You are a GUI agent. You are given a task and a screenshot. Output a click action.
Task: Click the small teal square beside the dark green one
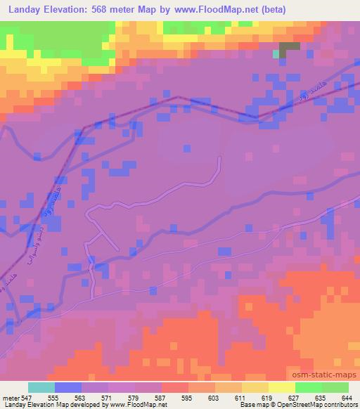[276, 53]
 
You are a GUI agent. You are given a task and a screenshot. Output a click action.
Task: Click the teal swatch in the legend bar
[41, 387]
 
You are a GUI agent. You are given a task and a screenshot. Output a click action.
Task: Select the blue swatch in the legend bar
[68, 387]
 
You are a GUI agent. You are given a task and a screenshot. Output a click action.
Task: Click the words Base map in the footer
[250, 405]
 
